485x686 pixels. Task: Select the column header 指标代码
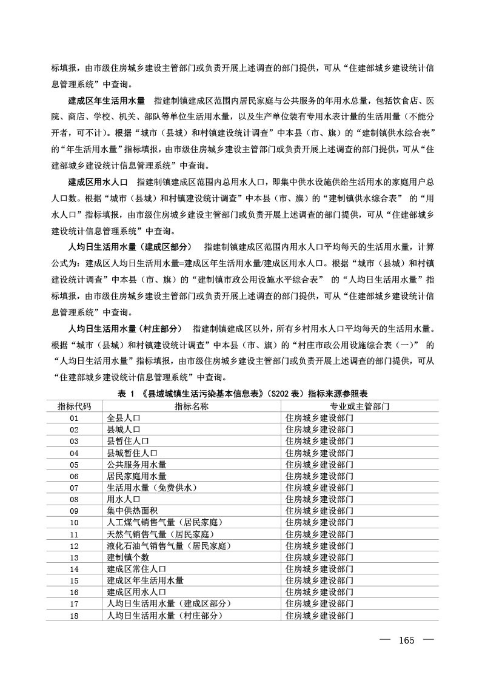pos(74,406)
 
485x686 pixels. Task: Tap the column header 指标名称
pos(192,406)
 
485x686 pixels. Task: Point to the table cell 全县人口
pos(124,418)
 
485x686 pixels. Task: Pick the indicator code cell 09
pos(74,511)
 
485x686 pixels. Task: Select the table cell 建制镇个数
pos(128,557)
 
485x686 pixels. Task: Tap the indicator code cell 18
pos(74,615)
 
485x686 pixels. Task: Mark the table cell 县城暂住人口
pos(132,452)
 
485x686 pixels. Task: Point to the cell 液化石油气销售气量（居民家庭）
pos(167,545)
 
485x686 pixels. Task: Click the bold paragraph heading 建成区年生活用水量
pos(106,99)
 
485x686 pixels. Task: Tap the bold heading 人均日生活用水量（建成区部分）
pos(129,247)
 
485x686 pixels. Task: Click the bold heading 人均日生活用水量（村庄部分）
pos(125,329)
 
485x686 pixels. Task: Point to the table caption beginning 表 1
pos(242,394)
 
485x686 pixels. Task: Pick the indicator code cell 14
pos(74,569)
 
